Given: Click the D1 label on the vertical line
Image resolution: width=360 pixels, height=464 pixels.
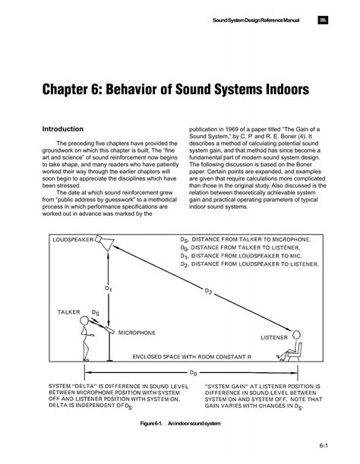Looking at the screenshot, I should tap(108, 289).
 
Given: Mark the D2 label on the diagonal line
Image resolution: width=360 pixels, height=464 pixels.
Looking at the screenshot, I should tap(208, 289).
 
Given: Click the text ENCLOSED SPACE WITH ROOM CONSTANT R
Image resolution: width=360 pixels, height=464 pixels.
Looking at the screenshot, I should tap(191, 356).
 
